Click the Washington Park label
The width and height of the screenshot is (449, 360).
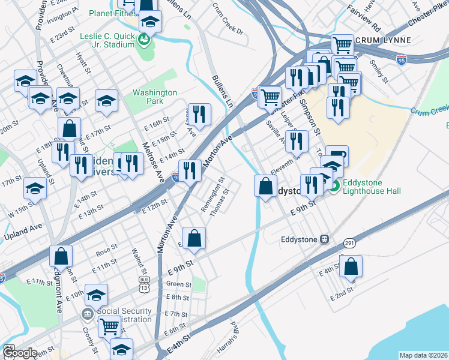coord(155,97)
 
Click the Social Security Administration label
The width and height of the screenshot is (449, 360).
coord(124,316)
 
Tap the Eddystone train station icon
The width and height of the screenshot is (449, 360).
coord(324,238)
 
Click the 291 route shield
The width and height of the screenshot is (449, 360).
coord(349,243)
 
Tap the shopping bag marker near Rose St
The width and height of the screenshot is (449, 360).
coord(61,256)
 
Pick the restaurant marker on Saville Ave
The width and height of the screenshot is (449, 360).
coord(296,141)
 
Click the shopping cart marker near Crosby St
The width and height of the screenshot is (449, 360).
coord(109,326)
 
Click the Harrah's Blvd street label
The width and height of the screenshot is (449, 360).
coord(237,326)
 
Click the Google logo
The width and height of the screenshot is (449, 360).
coord(19,353)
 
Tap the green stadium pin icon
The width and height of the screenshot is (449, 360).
coord(143,40)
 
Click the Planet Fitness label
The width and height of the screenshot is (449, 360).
coord(113,13)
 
